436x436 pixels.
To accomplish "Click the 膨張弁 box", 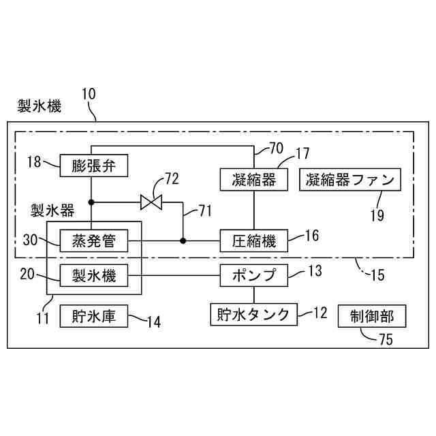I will (x=91, y=164).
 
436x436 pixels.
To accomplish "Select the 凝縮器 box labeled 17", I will (x=253, y=179).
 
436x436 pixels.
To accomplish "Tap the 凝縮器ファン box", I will (x=350, y=180).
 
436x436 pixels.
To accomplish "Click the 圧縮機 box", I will (x=253, y=240).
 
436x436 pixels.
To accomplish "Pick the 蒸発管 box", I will (x=91, y=240).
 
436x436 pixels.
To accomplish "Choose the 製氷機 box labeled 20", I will (x=91, y=276).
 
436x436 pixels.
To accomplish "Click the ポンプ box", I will (x=253, y=276).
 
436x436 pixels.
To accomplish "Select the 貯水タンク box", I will (x=253, y=314).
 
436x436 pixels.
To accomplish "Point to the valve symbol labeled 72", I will (x=149, y=202).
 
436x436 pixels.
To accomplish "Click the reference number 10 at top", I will (x=90, y=93).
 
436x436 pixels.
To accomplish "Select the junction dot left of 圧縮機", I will (x=183, y=240).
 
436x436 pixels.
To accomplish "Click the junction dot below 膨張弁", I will (x=91, y=202).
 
